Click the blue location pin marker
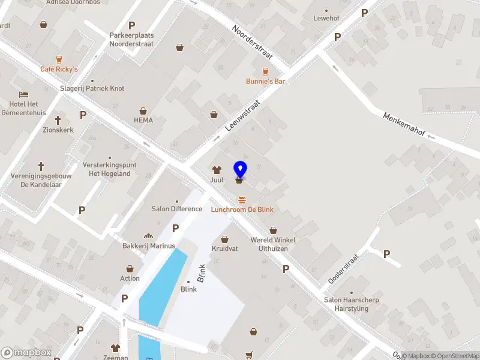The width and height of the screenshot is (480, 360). click(241, 170)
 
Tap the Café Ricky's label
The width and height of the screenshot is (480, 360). click(59, 69)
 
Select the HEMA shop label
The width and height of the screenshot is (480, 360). click(143, 120)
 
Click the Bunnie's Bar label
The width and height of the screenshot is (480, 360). click(265, 81)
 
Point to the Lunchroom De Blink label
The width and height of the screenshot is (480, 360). click(242, 209)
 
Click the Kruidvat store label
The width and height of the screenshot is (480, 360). click(225, 248)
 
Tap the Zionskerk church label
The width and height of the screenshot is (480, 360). click(58, 129)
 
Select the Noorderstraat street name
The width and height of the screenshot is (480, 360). click(253, 43)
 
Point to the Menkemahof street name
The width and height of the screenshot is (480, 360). click(406, 123)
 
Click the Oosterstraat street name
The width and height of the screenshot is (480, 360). click(343, 268)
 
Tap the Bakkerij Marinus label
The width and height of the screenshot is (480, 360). click(148, 245)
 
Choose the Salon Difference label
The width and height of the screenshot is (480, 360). click(177, 209)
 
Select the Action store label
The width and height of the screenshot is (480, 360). click(130, 278)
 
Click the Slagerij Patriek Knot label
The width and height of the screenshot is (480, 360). click(92, 88)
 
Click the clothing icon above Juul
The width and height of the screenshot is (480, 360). click(217, 170)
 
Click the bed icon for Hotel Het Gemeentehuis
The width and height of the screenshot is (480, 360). click(23, 95)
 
